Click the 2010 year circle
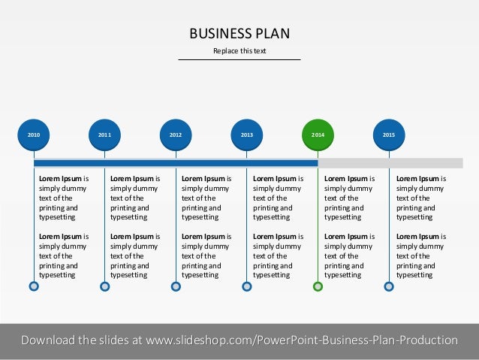point(34,135)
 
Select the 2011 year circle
point(104,135)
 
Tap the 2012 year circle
point(176,135)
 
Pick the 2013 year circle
point(246,135)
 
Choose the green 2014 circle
point(318,135)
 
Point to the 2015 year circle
point(389,135)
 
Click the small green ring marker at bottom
point(318,286)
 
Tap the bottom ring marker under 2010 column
point(34,286)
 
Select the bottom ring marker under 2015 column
point(389,286)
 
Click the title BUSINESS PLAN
point(239,33)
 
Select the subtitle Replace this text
point(239,51)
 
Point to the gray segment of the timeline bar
point(390,162)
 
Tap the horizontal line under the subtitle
point(239,59)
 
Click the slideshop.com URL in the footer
point(301,340)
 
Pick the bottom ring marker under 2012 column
point(176,286)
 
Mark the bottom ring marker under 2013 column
point(246,286)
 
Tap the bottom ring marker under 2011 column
point(104,286)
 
